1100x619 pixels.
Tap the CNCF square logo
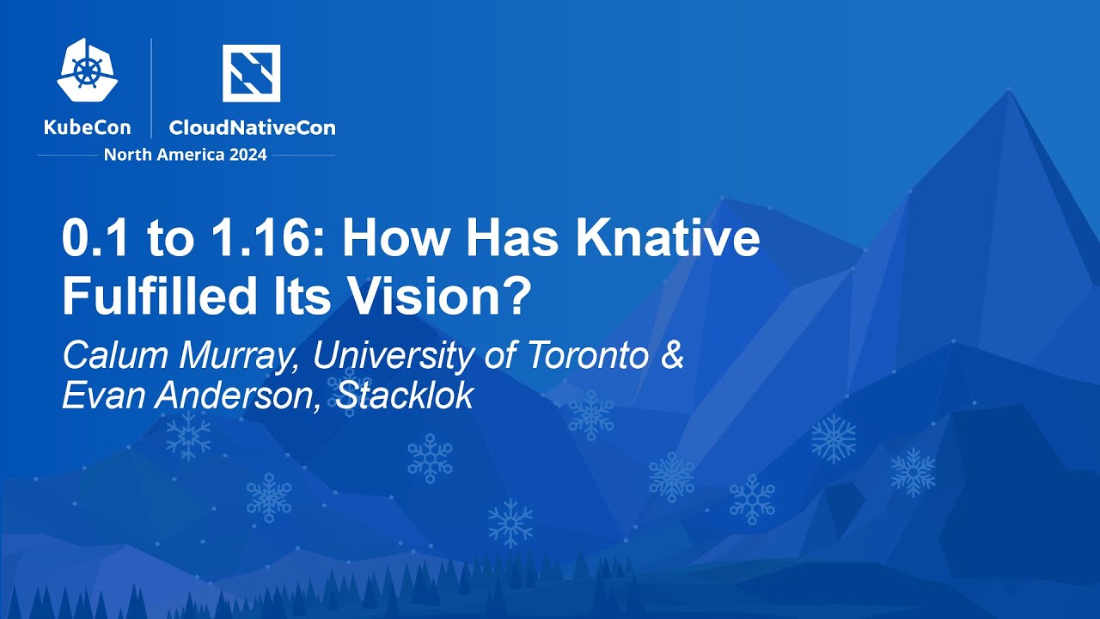[251, 73]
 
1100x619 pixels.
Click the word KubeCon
[88, 128]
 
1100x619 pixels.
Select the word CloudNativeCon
[252, 128]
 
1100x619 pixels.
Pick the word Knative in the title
[668, 240]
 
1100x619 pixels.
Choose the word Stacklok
[405, 395]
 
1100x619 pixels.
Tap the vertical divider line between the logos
[152, 88]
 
